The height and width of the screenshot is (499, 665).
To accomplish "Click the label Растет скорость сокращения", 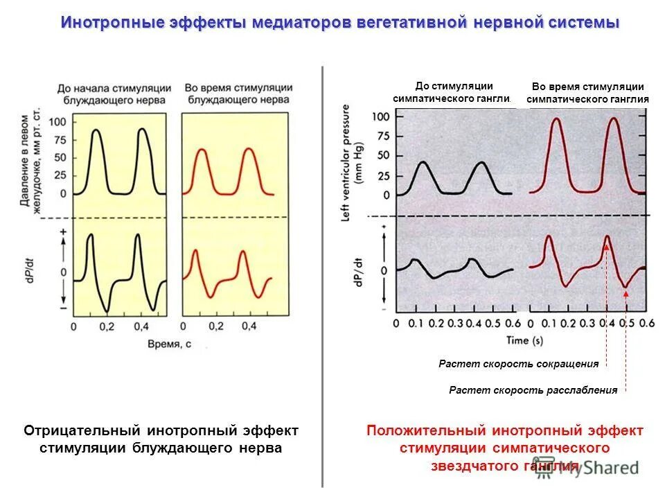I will pos(518,363).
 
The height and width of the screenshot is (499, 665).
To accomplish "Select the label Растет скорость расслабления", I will pos(533,390).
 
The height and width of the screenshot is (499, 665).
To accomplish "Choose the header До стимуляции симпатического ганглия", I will pos(453,92).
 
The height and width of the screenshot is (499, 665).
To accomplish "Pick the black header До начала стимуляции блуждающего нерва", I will pos(114,94).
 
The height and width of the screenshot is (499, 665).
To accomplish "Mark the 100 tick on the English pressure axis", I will pos(381,116).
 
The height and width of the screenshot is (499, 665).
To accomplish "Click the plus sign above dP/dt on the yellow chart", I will pos(63,231).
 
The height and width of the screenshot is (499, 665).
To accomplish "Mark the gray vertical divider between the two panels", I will pos(323,277).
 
